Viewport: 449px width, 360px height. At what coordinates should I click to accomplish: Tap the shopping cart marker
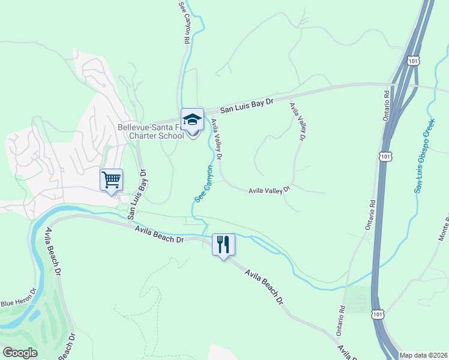(112, 179)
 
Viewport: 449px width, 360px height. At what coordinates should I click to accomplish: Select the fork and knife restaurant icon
(223, 244)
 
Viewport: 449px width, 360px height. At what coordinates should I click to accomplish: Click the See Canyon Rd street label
(185, 22)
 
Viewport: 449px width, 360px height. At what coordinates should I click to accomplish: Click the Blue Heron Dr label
(18, 297)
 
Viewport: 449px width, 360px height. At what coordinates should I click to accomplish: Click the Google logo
(20, 353)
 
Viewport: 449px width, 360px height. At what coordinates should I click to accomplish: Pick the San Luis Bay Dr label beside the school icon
(247, 106)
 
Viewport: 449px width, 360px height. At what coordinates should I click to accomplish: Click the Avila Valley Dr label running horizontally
(270, 190)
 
